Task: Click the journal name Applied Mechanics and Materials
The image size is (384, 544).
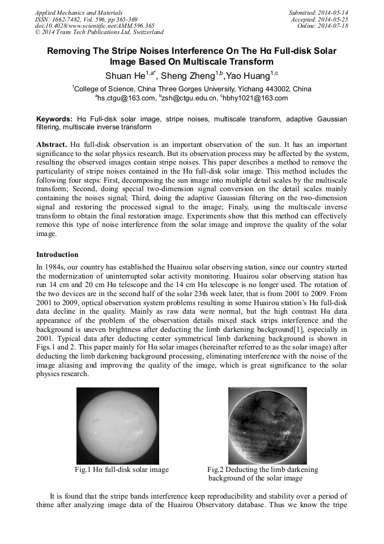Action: click(x=79, y=12)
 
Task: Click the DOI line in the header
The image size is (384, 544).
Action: click(x=95, y=26)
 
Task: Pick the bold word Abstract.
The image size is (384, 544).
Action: click(x=52, y=145)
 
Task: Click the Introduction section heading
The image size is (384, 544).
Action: click(x=57, y=255)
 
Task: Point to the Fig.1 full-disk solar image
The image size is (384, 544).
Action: click(x=118, y=425)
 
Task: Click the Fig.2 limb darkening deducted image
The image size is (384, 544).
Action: click(x=267, y=425)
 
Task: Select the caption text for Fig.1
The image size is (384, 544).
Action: click(x=122, y=470)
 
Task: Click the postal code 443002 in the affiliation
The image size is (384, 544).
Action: click(x=272, y=89)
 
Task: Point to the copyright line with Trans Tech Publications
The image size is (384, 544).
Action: click(x=99, y=32)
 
